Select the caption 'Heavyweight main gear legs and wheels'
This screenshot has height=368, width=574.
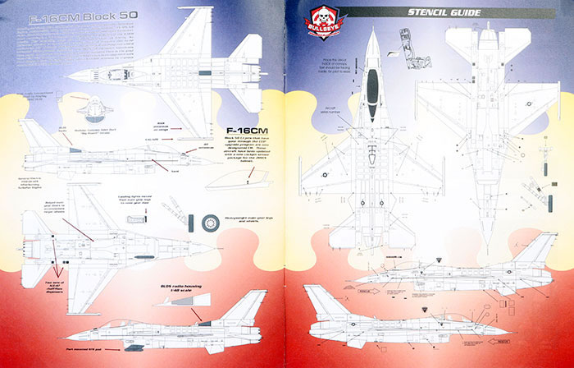247,220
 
